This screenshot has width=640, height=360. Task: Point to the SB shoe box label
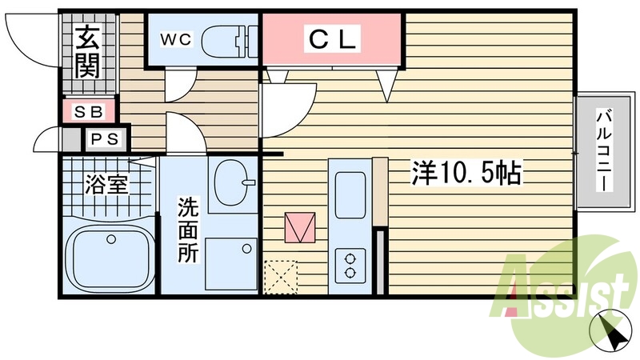point(89,111)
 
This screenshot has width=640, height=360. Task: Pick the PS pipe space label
point(105,140)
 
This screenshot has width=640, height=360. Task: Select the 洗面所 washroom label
point(189,231)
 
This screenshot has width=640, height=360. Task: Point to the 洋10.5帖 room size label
point(466,171)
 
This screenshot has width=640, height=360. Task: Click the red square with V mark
point(300,228)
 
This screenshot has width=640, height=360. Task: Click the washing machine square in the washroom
point(231,265)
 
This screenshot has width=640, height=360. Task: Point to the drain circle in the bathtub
point(112,238)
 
